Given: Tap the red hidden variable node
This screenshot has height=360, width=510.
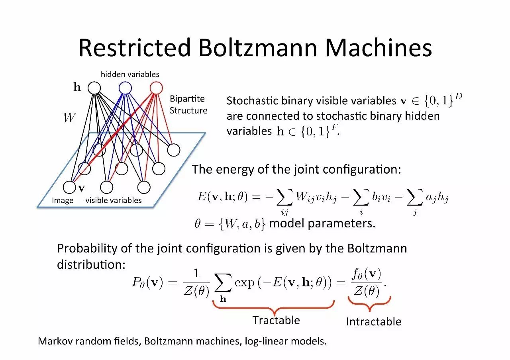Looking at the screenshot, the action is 156,88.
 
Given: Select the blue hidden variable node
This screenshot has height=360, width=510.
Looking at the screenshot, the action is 125,88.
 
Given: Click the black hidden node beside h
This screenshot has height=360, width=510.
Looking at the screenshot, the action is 94,88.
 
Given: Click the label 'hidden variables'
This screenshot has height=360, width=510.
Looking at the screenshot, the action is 130,74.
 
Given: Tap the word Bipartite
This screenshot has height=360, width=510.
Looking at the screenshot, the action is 187,99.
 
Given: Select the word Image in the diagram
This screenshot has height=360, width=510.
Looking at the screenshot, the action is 63,201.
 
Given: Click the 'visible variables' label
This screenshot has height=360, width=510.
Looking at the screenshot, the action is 114,200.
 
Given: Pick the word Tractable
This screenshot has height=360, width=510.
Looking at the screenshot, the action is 276,320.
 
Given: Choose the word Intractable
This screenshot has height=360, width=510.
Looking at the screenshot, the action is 373,322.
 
